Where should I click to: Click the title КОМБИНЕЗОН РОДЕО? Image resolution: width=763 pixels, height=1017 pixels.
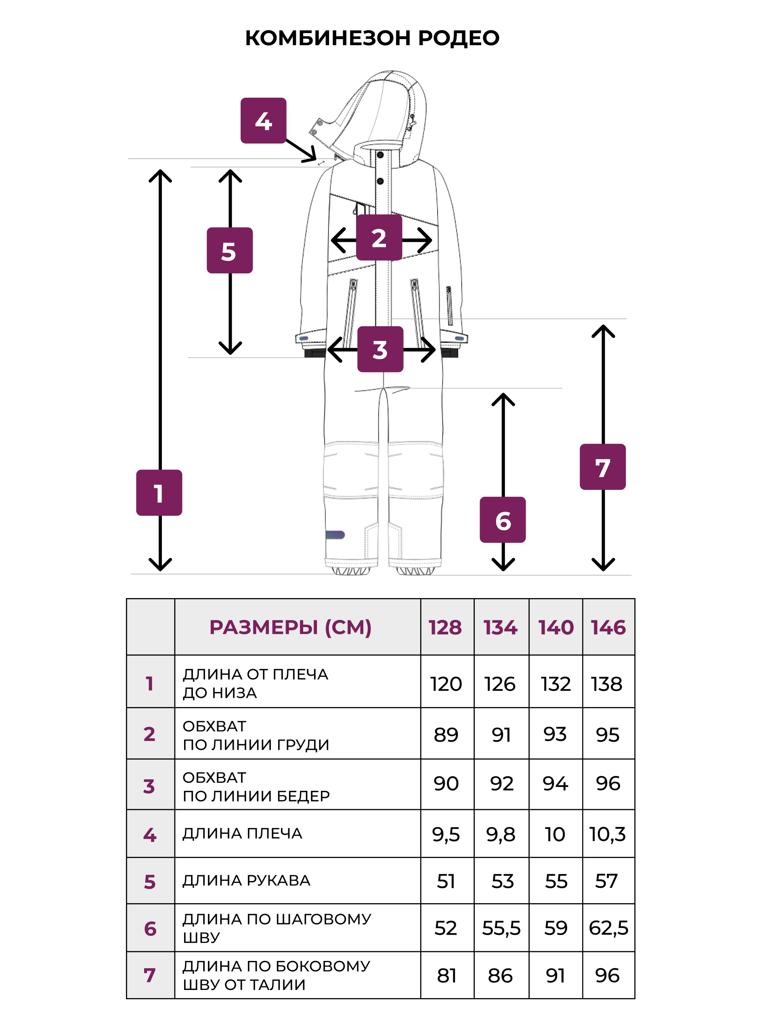372,38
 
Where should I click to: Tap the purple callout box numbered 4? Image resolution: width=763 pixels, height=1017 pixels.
264,120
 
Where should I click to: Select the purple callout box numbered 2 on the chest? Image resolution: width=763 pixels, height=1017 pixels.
379,237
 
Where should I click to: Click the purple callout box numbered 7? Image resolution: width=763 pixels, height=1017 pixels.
602,467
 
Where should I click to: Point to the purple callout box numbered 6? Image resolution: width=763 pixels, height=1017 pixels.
503,519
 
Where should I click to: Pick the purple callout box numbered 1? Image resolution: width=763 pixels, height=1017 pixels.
159,492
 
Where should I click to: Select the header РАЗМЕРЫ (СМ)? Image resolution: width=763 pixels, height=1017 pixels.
290,628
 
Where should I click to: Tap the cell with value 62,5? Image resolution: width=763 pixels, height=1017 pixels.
608,928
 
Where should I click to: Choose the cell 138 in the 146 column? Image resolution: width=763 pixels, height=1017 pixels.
607,684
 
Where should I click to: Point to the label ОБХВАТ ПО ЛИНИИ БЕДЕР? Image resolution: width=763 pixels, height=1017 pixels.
256,787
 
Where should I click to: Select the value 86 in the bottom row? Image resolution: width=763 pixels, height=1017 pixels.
500,975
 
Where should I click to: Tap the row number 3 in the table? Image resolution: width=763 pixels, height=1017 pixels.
149,786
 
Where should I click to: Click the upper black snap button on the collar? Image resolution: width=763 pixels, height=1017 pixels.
380,155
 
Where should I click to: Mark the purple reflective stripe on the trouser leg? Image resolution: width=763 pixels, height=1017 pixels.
335,535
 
